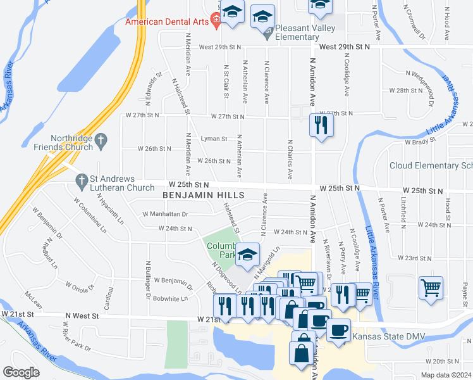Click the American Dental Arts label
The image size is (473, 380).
[x=167, y=21]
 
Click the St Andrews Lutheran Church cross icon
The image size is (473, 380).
[x=81, y=182]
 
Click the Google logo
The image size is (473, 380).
[x=21, y=372]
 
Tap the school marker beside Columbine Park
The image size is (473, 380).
[x=247, y=255]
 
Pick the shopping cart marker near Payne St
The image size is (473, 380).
[x=431, y=288]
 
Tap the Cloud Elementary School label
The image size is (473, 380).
[x=431, y=165]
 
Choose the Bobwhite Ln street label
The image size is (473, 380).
[x=171, y=298]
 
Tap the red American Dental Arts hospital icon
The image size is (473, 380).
[x=216, y=21]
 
